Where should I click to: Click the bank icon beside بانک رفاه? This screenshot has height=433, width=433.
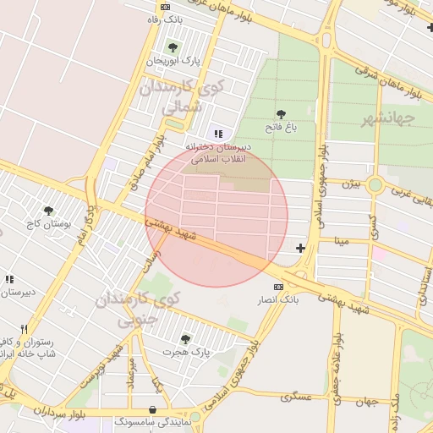[165, 7]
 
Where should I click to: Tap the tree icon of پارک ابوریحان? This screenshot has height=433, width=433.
[173, 47]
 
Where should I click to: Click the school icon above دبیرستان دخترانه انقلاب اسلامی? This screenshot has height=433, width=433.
[219, 133]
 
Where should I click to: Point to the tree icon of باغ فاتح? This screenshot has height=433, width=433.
[281, 114]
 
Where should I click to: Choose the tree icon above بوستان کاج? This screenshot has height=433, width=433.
[47, 210]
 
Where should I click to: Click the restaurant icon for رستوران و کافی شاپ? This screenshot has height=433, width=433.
[24, 329]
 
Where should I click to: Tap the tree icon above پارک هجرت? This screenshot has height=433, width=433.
[185, 339]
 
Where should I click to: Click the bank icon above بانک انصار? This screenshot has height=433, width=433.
[278, 288]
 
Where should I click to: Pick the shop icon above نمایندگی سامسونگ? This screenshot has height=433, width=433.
[153, 408]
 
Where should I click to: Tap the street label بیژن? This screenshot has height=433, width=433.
[350, 183]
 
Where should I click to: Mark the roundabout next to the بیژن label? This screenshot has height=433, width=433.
[375, 184]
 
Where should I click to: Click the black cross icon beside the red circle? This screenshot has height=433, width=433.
[300, 247]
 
